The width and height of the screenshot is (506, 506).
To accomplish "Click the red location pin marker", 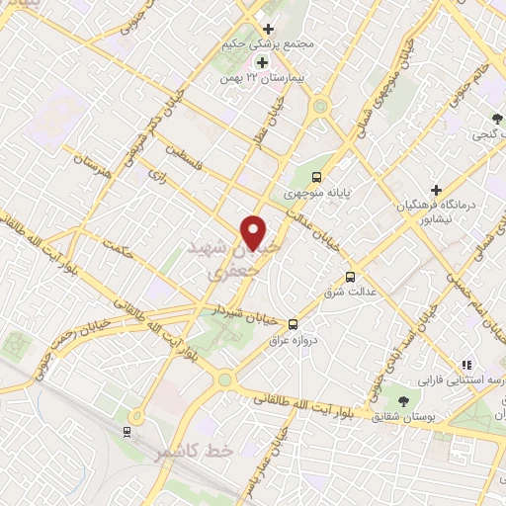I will tap(255, 233).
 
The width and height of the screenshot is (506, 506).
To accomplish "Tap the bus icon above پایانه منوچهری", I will tap(315, 178).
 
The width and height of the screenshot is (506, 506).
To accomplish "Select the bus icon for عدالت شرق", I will tap(351, 277).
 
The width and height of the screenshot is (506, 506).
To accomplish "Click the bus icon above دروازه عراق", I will tap(293, 323).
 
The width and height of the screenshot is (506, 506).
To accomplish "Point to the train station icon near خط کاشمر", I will tap(126, 431).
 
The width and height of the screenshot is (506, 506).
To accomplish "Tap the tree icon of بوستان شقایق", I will tap(403, 400).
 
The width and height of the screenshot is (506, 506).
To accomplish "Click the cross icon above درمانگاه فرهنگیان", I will tap(436, 189).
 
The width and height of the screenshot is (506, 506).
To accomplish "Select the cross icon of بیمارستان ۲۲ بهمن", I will tap(261, 62).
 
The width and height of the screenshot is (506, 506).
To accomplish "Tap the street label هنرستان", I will tap(94, 169).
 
